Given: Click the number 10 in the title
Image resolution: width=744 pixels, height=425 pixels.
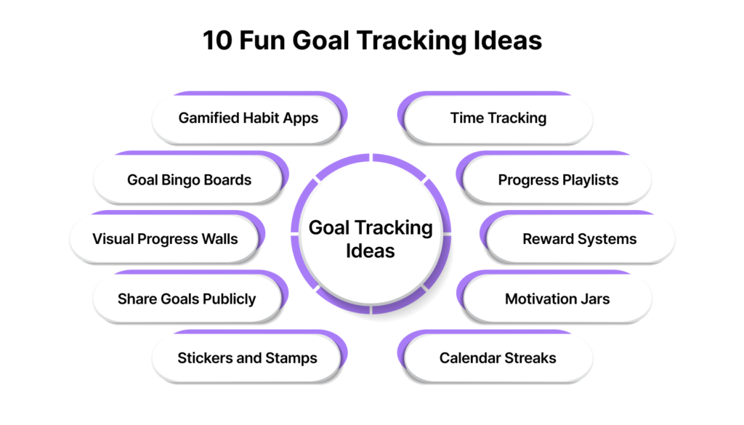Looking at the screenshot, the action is pos(217,40).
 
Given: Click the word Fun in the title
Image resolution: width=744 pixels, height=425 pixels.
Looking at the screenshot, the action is pos(262,40).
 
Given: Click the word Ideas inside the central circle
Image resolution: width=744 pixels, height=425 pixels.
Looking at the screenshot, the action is pos(370,251).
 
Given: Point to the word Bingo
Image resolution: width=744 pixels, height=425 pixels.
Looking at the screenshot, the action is pos(181,180).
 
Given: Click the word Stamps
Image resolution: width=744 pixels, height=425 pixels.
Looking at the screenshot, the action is pos(291,358).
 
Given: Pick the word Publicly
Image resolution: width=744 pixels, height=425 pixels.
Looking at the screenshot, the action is pos(229,299).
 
